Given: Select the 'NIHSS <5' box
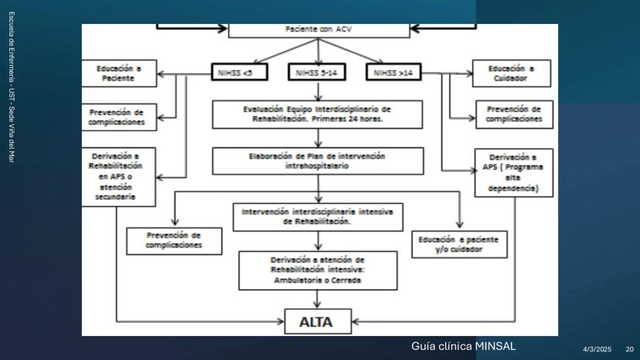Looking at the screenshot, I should [239, 73].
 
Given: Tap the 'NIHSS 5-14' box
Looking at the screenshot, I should [318, 73].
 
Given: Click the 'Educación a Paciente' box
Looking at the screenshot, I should [120, 73].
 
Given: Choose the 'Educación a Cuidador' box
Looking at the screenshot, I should [512, 73].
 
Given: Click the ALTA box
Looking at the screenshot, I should [318, 320].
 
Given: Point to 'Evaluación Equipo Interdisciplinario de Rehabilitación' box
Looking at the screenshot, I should [318, 114].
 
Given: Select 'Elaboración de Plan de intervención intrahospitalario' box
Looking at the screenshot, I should [318, 160].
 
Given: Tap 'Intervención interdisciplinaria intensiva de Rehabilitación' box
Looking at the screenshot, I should [318, 216].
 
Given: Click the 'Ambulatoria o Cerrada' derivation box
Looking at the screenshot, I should [318, 270].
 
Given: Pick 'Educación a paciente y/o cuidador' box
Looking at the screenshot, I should [461, 245].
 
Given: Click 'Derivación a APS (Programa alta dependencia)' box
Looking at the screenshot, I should [513, 172].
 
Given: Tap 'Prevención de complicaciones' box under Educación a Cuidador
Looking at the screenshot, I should [514, 114].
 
